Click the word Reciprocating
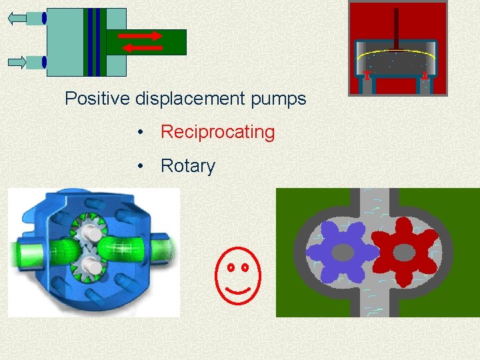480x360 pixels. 217,132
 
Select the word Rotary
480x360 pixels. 188,166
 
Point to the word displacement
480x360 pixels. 191,99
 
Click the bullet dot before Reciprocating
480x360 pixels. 140,133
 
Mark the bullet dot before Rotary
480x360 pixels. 140,166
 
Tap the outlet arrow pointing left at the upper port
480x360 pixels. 17,19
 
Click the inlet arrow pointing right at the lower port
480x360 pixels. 17,63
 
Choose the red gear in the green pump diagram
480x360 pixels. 404,252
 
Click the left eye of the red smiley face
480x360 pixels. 230,267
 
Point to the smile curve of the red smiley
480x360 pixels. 238,289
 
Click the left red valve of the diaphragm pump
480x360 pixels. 367,75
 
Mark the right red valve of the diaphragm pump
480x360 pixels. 425,75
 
